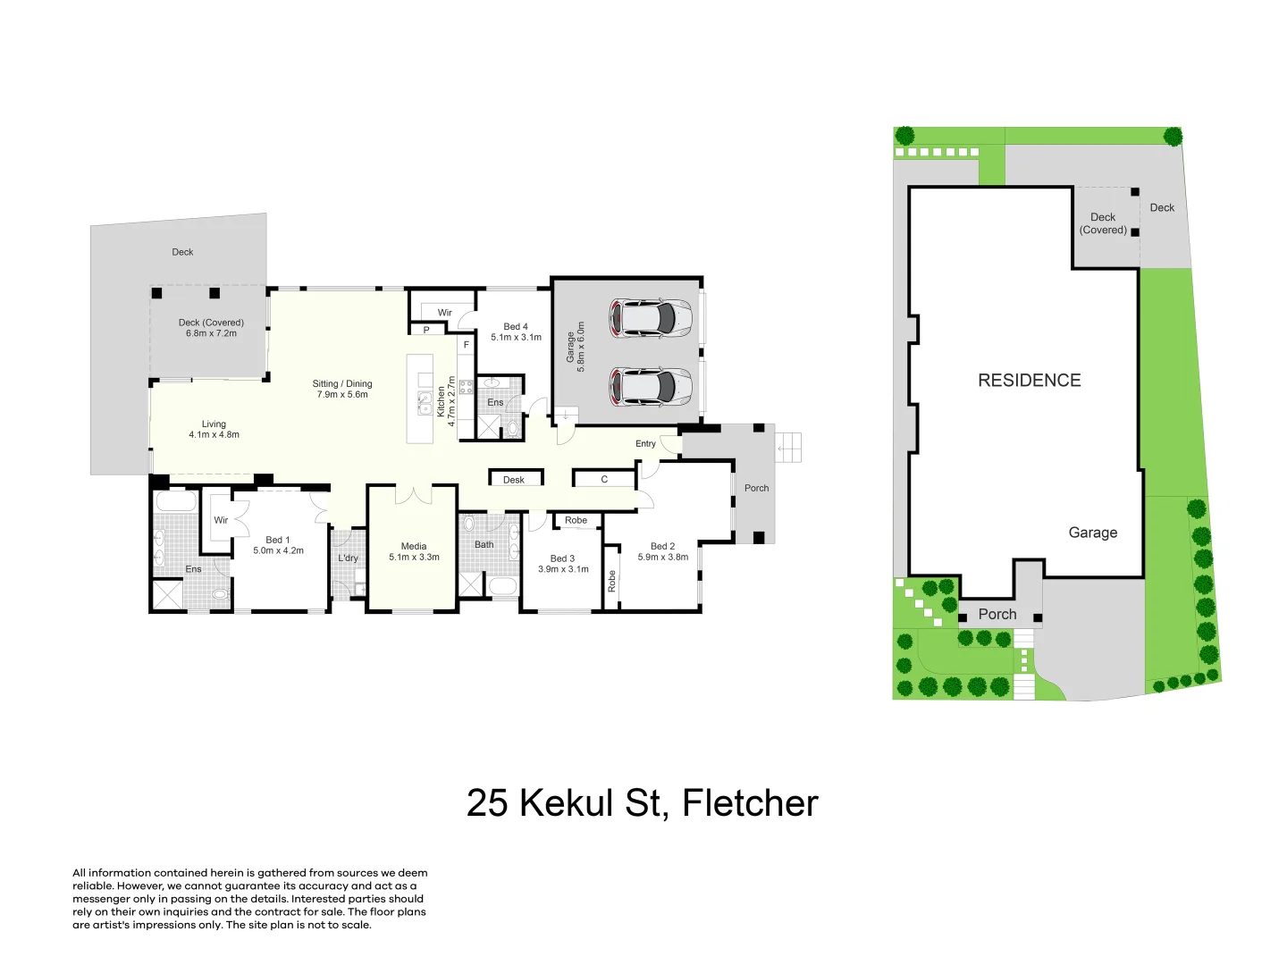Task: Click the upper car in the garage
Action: (651, 317)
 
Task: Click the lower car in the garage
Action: (651, 386)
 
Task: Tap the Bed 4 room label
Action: (516, 327)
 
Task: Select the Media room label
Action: (414, 546)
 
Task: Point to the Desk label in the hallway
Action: (514, 480)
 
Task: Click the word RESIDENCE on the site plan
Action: (1029, 381)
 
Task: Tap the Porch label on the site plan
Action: (997, 615)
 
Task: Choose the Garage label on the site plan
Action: (1092, 533)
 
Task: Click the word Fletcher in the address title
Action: (750, 803)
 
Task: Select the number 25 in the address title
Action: (487, 803)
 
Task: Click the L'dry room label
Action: (348, 558)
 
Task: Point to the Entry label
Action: (645, 444)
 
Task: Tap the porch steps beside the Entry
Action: (788, 447)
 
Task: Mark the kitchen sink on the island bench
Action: (425, 404)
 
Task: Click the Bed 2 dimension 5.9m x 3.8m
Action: (663, 558)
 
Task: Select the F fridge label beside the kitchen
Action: (466, 345)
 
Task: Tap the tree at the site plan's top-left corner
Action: (904, 136)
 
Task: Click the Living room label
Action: (214, 424)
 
